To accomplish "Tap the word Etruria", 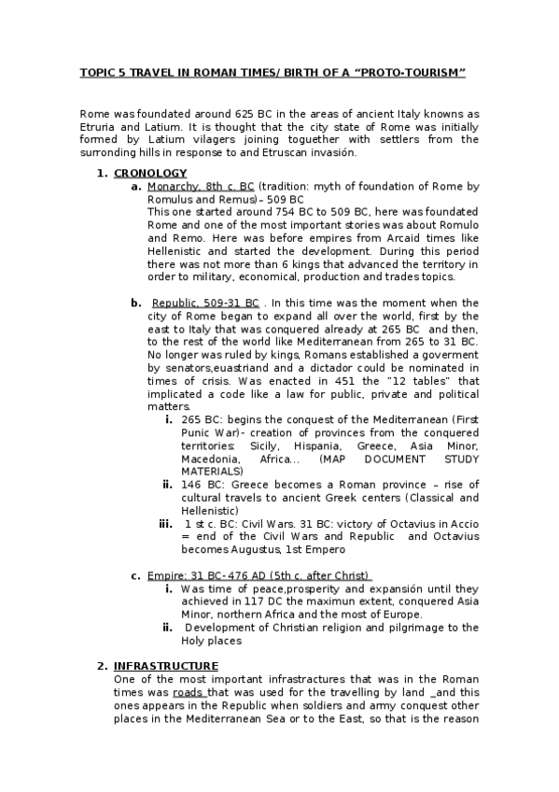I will pos(100,126).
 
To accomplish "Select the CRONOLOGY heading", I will pos(150,173).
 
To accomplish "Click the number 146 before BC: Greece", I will pos(192,485).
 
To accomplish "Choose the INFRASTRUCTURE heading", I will pos(166,666).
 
